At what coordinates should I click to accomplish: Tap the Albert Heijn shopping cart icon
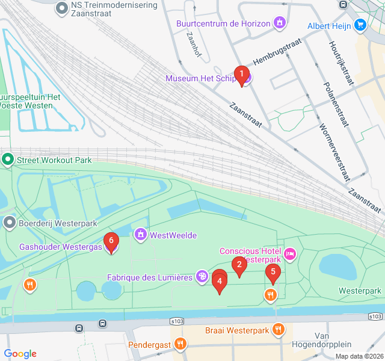(x=360, y=25)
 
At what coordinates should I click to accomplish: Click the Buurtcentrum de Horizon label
(x=223, y=23)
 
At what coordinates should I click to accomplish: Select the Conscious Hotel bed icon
(x=290, y=255)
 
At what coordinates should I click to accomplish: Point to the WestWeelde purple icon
(x=140, y=233)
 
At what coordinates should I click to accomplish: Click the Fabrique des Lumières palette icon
(x=202, y=277)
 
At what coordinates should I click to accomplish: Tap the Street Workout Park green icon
(x=8, y=160)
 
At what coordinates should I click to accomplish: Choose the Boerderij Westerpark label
(x=54, y=223)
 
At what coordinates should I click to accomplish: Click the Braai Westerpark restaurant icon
(x=278, y=329)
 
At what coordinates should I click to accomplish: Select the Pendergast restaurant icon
(x=180, y=344)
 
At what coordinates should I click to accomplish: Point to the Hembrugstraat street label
(x=277, y=58)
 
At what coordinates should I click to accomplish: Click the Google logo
(x=20, y=354)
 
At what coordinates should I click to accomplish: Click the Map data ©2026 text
(x=358, y=356)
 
